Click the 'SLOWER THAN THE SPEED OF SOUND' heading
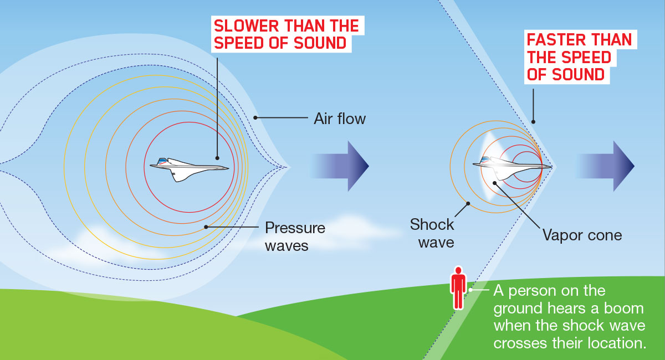tap(287, 34)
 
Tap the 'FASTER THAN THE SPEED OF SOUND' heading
tap(579, 57)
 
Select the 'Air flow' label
tap(340, 119)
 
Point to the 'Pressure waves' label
tap(295, 237)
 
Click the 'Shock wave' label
tap(432, 233)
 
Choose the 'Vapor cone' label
tap(582, 235)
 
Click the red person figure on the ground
tap(458, 288)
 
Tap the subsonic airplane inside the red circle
tap(189, 169)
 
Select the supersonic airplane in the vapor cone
tap(512, 168)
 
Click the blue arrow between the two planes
tap(339, 166)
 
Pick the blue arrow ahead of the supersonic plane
tap(606, 166)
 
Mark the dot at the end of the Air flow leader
tap(255, 118)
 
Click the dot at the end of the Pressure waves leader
tap(206, 227)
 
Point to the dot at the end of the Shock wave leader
tap(468, 204)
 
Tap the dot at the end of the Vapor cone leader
tap(494, 183)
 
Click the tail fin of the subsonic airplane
tap(162, 161)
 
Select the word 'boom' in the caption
tap(624, 308)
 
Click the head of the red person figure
tap(458, 270)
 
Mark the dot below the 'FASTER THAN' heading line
tap(533, 122)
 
